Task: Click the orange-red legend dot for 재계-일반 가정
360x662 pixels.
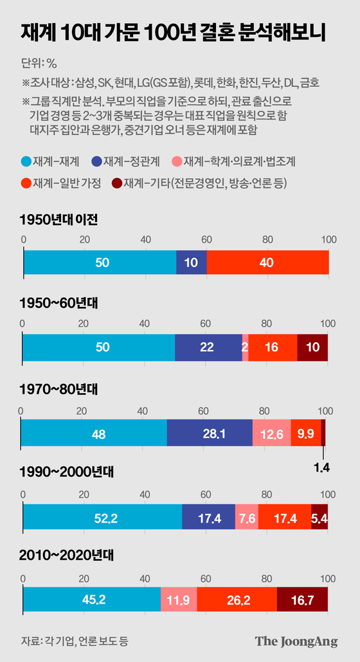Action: tap(26, 184)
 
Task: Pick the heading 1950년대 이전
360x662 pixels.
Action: tap(59, 220)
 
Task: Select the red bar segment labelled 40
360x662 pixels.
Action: tap(267, 262)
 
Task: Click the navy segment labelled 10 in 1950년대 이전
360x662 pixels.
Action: tap(192, 262)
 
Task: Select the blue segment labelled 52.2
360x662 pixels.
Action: tap(102, 517)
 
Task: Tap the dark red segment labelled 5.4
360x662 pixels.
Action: tap(319, 517)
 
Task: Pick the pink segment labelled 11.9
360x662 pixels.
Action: tap(179, 600)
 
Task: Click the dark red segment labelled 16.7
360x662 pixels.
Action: tap(302, 600)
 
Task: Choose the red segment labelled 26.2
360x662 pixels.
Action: tap(237, 600)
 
